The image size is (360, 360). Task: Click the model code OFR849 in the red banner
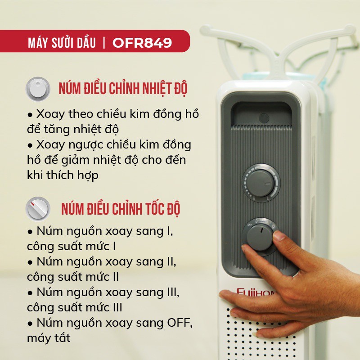point(142,42)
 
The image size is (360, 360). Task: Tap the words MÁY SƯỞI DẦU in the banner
point(62,42)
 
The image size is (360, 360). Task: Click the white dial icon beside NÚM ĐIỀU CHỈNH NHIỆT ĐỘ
point(38,89)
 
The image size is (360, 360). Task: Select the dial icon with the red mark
point(38,209)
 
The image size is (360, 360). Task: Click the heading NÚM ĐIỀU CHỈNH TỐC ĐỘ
point(121,209)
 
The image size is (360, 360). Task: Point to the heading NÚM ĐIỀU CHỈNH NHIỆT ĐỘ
point(123,88)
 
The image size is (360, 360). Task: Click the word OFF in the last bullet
point(179,323)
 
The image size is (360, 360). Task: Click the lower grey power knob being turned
point(260,237)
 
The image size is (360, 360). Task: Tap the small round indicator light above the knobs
point(264,118)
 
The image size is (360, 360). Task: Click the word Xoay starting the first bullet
point(50,114)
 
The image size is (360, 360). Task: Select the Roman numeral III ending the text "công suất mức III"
point(117,308)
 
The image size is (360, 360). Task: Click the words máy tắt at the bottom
point(49,338)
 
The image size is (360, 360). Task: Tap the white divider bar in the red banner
point(104,43)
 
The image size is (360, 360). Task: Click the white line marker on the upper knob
point(268,184)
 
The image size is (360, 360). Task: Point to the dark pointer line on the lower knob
point(261,230)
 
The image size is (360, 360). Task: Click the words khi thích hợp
point(63,175)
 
